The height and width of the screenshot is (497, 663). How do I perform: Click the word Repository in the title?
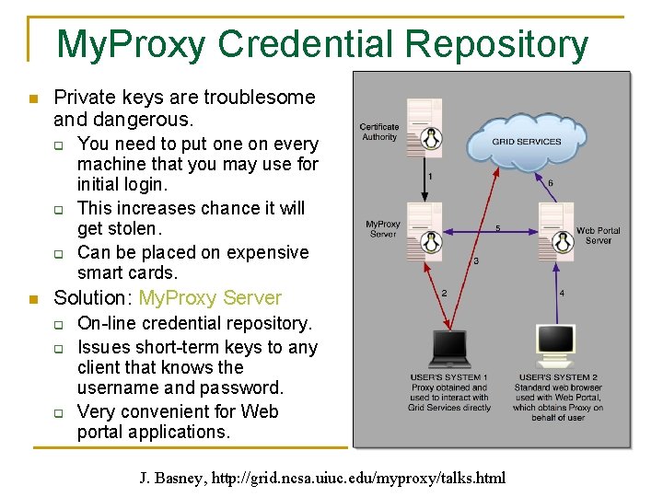(x=497, y=43)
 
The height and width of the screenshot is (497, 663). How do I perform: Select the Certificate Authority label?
(x=379, y=132)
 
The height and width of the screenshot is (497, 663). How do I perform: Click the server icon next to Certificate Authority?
(x=425, y=124)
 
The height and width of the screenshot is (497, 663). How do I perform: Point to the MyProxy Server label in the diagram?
(x=383, y=228)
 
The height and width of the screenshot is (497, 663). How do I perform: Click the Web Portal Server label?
(x=599, y=235)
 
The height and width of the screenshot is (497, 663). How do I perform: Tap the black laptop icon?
(x=450, y=348)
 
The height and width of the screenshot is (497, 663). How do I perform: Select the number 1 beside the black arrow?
(x=430, y=175)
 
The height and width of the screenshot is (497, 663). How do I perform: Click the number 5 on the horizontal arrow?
(x=497, y=227)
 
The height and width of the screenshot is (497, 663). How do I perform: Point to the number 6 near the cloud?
(x=551, y=183)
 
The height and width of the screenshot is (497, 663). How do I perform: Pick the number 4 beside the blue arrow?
(x=562, y=293)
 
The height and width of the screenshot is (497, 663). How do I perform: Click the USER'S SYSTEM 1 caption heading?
(x=449, y=377)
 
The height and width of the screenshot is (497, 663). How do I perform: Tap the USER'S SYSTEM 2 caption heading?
(x=558, y=377)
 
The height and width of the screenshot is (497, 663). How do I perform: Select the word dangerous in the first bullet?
(x=147, y=120)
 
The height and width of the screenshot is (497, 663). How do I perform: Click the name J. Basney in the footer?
(x=171, y=478)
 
